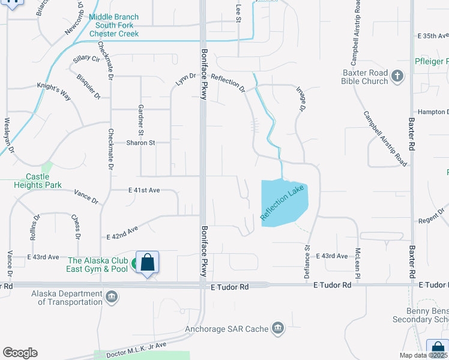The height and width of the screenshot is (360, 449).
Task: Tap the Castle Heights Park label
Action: (37, 181)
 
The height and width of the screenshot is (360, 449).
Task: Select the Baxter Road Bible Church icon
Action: (397, 76)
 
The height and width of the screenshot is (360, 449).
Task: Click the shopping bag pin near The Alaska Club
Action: (147, 263)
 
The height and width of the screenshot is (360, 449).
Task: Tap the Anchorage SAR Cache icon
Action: (277, 327)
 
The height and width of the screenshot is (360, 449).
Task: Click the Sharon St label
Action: (140, 143)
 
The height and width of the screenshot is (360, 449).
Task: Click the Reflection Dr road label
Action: (228, 83)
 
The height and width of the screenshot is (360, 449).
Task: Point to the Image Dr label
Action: (301, 98)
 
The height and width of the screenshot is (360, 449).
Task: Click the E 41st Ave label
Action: (144, 190)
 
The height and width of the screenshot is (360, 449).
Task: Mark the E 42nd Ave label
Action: (122, 232)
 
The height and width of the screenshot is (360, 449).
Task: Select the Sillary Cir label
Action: (86, 59)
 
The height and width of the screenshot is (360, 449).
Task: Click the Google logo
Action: (20, 353)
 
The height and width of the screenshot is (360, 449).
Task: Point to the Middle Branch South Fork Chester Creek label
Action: (114, 26)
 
